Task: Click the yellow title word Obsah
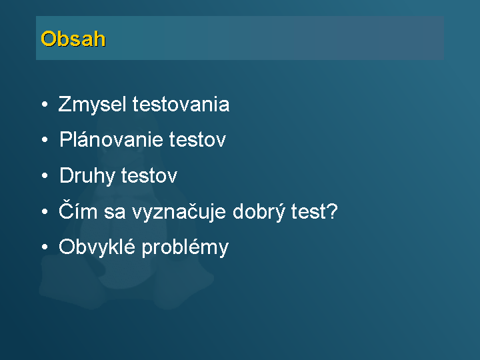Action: [73, 39]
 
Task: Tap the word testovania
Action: [181, 104]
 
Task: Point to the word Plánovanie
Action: [111, 139]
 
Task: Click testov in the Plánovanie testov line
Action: [197, 140]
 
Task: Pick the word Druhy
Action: [87, 176]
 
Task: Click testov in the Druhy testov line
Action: [149, 176]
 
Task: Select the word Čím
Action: [78, 210]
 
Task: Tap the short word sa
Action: [115, 212]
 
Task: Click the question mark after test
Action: [331, 211]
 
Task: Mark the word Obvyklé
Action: [97, 247]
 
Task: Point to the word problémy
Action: [185, 247]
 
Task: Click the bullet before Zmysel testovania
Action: [45, 105]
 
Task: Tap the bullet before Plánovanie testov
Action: [45, 140]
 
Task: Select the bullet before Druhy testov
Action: [45, 176]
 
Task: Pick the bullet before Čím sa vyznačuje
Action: [45, 211]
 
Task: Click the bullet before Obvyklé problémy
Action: [45, 247]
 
